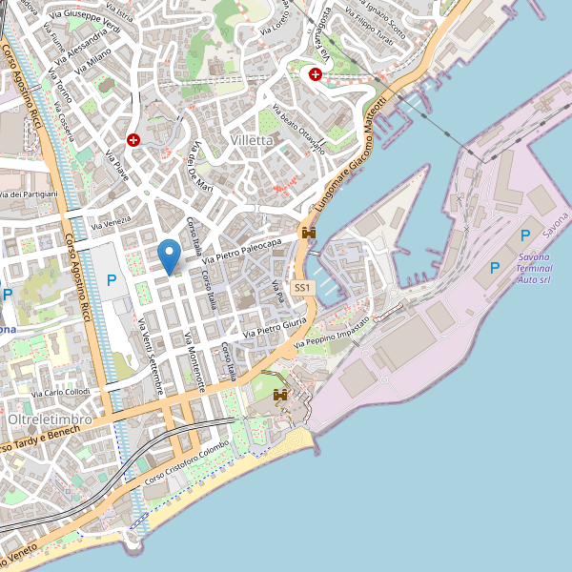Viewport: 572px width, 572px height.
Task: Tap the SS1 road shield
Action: tap(301, 287)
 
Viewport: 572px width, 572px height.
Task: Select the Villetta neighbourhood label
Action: tap(252, 140)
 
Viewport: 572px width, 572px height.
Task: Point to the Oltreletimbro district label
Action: tap(50, 419)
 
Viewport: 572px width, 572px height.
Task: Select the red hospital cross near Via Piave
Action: tap(133, 139)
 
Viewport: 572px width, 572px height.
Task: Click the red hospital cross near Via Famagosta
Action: tap(315, 73)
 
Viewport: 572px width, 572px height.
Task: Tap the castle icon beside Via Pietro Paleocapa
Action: tap(308, 233)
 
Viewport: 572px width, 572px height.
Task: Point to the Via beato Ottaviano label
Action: tap(297, 130)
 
